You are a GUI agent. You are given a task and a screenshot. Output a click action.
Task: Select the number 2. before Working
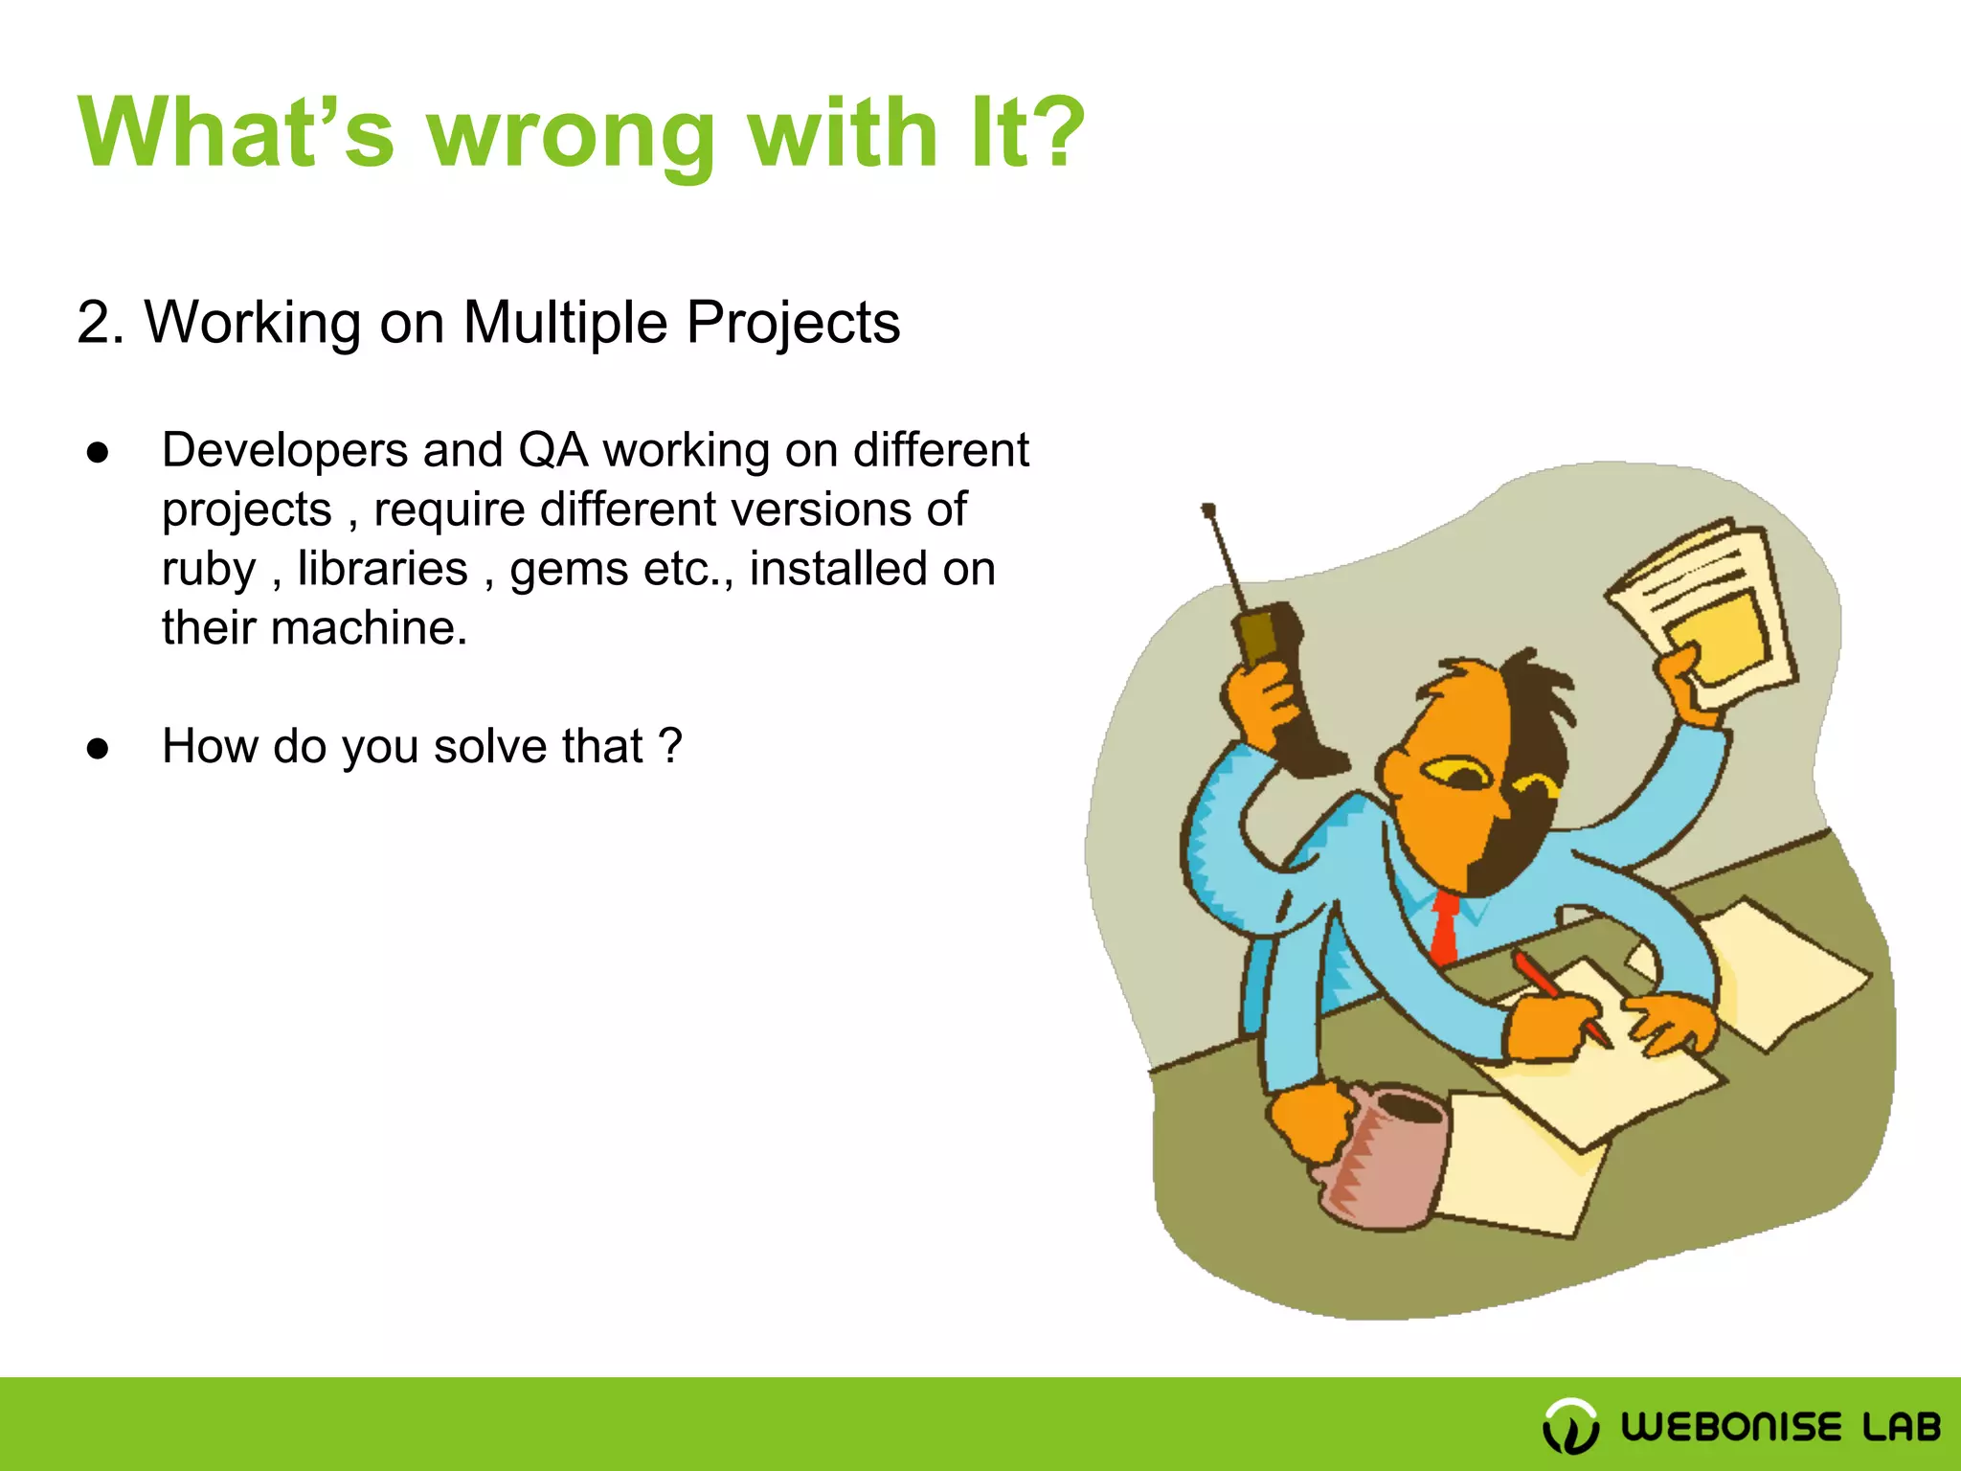point(100,323)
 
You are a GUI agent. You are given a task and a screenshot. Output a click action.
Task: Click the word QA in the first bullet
point(552,450)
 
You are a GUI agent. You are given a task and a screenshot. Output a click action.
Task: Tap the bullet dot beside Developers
point(98,453)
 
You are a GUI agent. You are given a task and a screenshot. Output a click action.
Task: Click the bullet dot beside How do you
point(98,749)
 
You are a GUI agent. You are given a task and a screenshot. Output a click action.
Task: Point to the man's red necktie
point(1444,925)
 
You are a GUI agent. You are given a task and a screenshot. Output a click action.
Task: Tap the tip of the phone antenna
point(1208,510)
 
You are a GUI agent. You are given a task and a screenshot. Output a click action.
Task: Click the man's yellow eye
point(1455,772)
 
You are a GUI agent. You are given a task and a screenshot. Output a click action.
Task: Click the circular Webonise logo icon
point(1570,1425)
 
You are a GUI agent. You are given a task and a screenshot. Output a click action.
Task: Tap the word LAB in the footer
point(1901,1427)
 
